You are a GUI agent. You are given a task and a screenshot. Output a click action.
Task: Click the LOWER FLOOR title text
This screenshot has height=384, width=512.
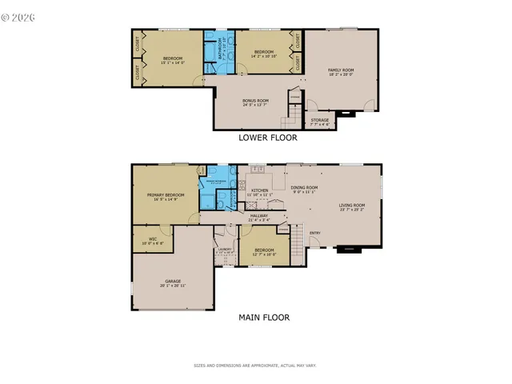pos(267,138)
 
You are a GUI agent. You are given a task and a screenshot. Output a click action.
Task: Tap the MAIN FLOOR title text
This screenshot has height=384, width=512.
pos(264,317)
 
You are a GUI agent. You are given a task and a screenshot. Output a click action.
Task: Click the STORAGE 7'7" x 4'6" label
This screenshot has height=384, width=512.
pos(319,122)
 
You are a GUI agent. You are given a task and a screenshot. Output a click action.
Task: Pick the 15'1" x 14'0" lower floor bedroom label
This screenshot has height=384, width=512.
pos(174,60)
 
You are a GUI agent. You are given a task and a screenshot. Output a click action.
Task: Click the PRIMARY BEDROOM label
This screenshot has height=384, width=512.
pos(166,197)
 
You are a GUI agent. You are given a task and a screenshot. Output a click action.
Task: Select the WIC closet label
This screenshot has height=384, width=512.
pos(152,241)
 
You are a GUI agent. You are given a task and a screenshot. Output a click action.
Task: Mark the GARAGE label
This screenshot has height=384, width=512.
pos(173,283)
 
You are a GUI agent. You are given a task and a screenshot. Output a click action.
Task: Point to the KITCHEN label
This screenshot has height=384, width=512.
pos(260,192)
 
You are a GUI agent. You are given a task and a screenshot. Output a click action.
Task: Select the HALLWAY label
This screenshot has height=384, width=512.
pos(259,217)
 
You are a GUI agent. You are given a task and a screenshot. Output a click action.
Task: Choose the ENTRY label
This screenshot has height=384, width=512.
pos(315,234)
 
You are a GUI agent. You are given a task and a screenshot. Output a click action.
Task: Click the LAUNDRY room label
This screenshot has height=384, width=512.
pos(225,250)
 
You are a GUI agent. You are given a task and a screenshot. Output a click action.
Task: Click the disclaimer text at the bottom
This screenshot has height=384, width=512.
pos(255,366)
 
